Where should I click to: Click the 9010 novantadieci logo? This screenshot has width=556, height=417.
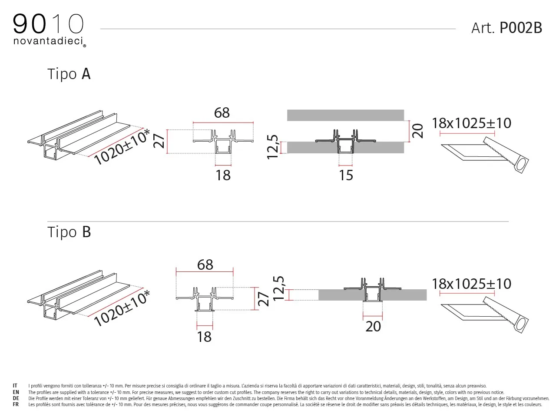click(50, 30)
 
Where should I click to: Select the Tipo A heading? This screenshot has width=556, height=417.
click(69, 74)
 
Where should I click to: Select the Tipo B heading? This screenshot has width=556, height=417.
click(69, 232)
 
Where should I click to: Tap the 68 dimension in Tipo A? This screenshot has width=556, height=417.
click(222, 113)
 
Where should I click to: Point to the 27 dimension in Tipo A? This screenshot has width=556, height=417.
click(159, 141)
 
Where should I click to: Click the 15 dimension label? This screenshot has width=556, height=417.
click(346, 175)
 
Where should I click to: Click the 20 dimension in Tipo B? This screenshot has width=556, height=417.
click(373, 327)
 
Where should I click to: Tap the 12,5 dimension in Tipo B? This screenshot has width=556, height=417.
click(278, 288)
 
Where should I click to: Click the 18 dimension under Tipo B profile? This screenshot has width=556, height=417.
click(204, 337)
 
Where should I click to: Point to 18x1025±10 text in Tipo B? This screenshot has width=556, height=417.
click(471, 284)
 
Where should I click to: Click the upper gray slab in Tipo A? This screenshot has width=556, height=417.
click(345, 115)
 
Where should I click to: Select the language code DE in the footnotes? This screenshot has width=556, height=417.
click(16, 398)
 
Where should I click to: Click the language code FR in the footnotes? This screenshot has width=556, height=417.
click(16, 404)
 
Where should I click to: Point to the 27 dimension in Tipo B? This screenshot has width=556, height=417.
click(263, 299)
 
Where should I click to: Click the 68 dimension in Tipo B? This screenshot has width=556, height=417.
click(205, 265)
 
